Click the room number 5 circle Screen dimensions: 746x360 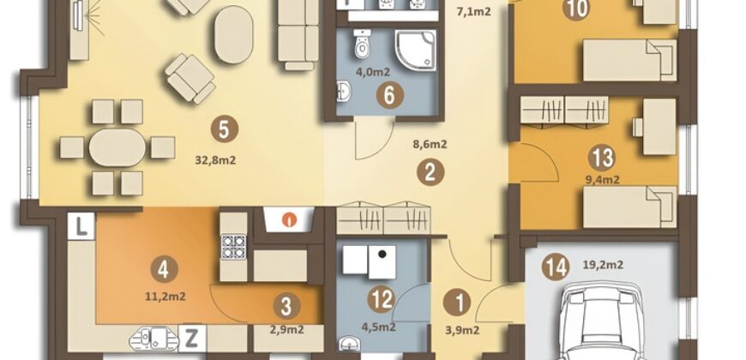click(225, 129)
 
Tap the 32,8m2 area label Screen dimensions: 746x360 click(215, 160)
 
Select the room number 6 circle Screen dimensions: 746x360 click(389, 96)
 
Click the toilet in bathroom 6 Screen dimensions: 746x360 click(363, 43)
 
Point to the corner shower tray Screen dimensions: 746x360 click(415, 51)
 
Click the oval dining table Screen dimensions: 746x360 click(117, 147)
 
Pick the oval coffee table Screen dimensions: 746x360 click(233, 35)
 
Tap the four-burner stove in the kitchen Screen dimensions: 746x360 click(233, 246)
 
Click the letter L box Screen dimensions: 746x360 click(81, 226)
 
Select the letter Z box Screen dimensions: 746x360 click(192, 338)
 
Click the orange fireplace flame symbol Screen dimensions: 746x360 click(287, 220)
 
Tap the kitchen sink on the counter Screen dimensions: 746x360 click(153, 338)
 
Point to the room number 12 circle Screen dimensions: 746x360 click(382, 300)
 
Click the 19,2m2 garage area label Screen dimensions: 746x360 click(604, 265)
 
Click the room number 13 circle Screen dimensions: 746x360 click(602, 158)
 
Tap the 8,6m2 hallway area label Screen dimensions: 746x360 click(430, 145)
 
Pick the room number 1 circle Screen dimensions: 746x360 click(457, 303)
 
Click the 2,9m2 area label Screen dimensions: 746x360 click(286, 329)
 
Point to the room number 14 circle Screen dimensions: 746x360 click(556, 267)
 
